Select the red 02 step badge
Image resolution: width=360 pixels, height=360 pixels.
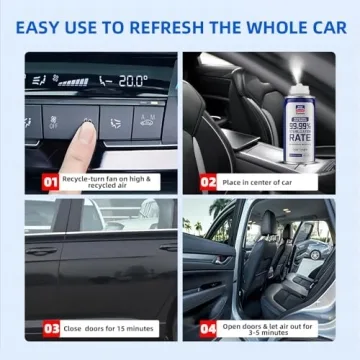pyautogui.click(x=209, y=183)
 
